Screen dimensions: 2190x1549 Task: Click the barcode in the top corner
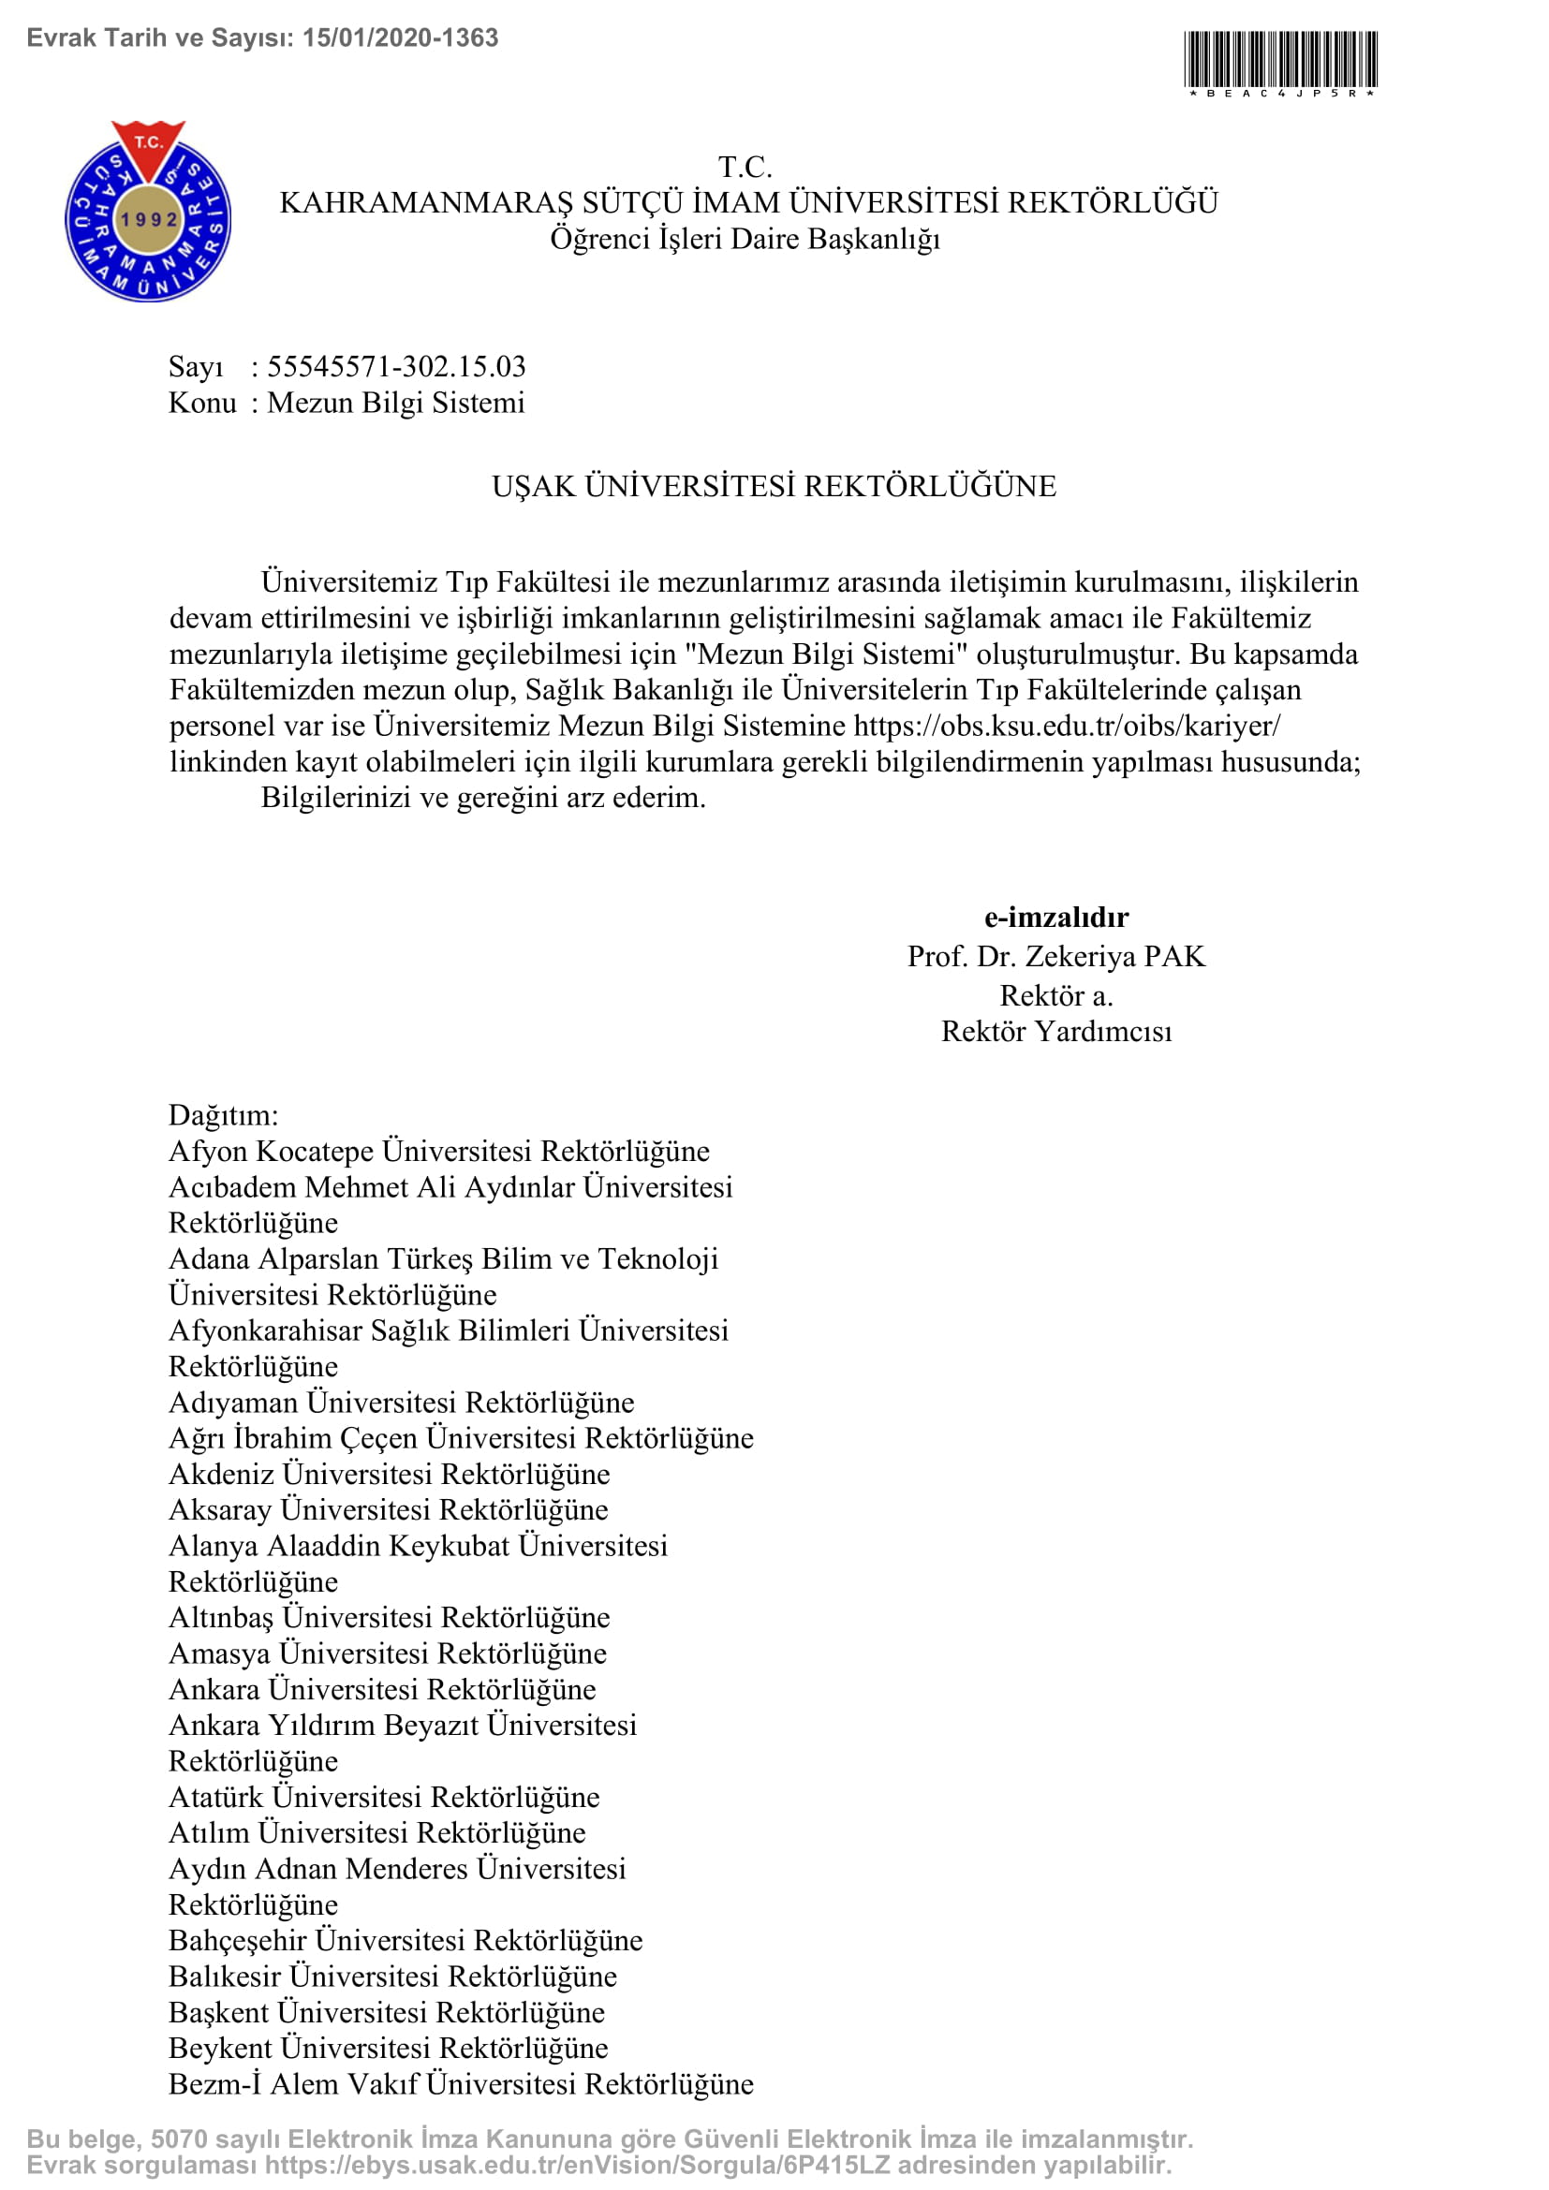1280,59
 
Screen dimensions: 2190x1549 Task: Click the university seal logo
148,212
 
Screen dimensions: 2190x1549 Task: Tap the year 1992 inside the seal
149,219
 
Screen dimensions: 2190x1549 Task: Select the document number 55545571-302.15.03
396,366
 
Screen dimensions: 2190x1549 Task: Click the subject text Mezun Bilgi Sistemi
396,403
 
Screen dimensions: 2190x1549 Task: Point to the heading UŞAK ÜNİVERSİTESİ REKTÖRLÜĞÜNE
774,487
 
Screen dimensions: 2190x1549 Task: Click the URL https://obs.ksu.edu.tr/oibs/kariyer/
1067,726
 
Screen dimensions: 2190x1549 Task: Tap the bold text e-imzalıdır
1055,917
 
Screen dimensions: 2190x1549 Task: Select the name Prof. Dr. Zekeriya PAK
1055,956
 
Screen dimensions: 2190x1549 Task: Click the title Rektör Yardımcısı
1055,1031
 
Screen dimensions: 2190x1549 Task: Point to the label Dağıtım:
223,1115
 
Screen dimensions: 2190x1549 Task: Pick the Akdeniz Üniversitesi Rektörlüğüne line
390,1474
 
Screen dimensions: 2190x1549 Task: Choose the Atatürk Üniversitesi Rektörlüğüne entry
384,1797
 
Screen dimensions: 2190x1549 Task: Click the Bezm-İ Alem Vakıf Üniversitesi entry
461,2084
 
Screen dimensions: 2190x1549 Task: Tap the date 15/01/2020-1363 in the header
401,38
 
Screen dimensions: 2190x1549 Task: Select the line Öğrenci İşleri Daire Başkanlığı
745,239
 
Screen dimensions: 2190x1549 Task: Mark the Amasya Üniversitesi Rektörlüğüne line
388,1653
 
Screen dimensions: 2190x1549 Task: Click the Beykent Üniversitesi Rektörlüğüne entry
389,2048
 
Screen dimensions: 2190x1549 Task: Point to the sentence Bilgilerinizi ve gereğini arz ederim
483,798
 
